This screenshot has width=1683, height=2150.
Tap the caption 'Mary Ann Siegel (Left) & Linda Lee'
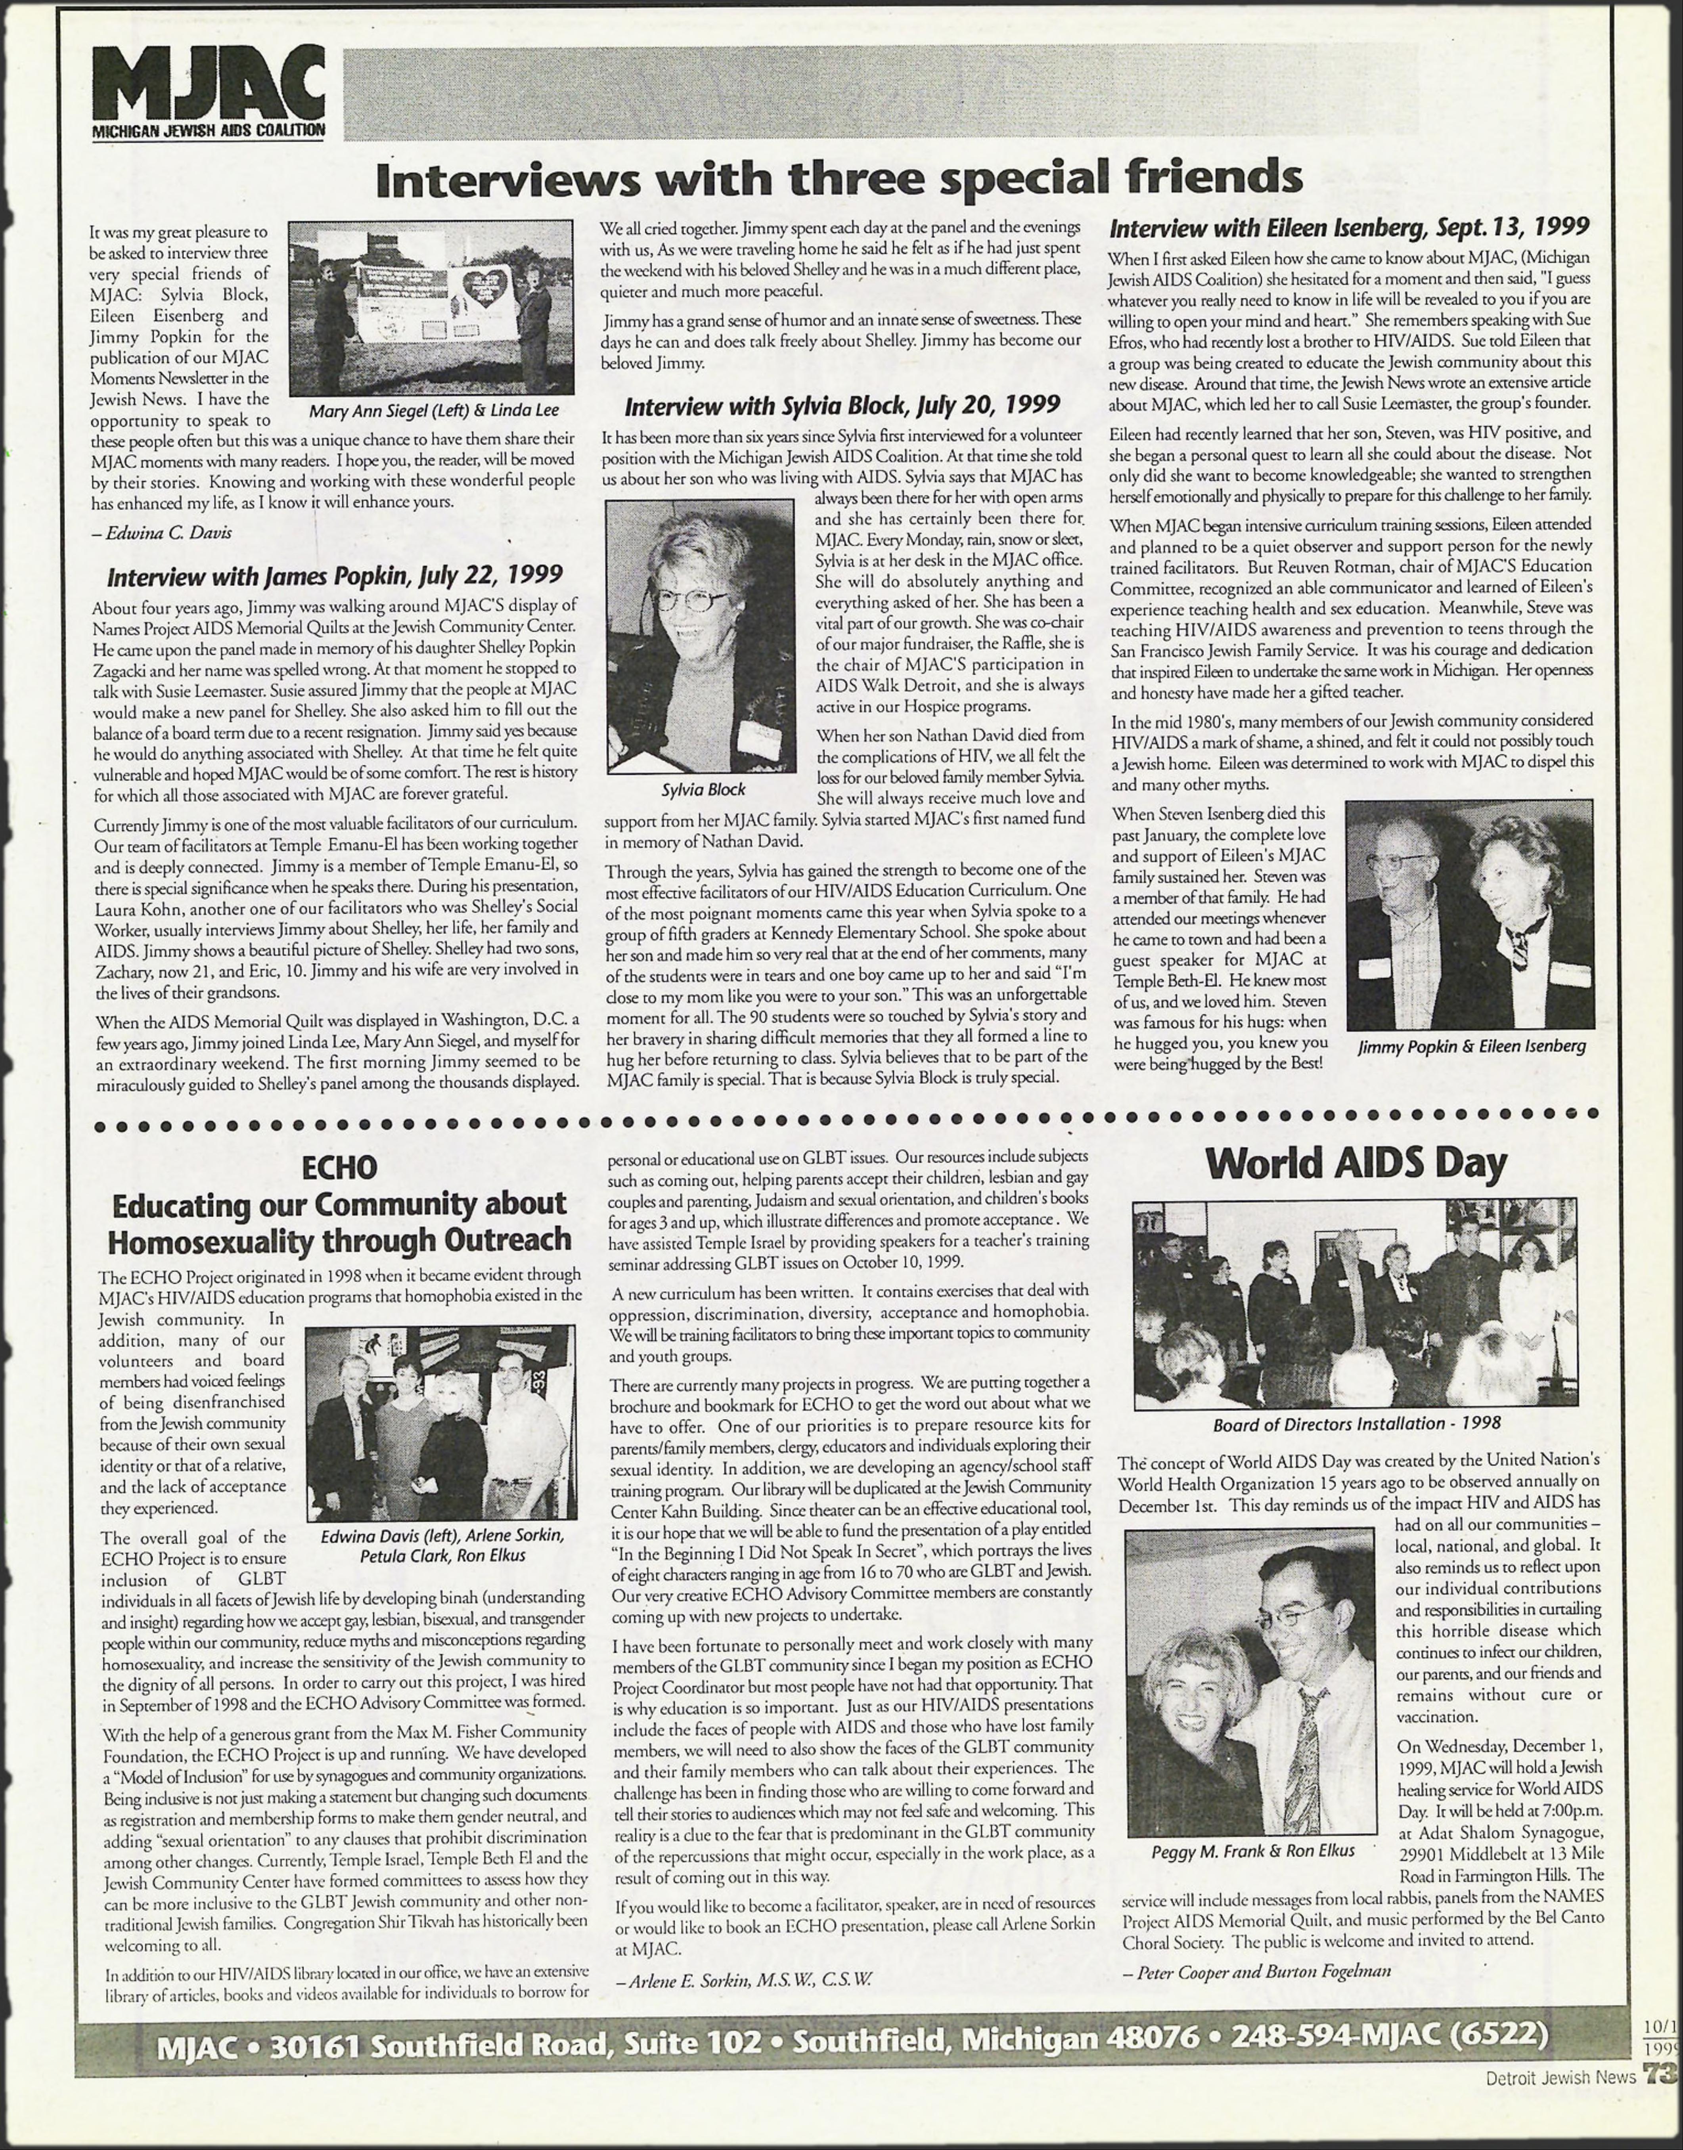(x=434, y=411)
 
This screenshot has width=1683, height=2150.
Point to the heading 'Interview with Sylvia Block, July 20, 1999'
(x=842, y=405)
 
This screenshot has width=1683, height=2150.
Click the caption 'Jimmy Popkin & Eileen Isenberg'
(x=1471, y=1045)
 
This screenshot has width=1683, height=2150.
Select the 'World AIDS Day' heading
(x=1356, y=1163)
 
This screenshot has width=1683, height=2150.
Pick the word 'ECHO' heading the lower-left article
(x=339, y=1168)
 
